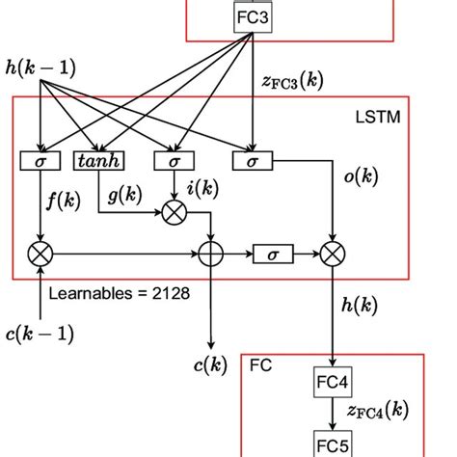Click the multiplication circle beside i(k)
[174, 211]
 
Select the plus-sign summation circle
[210, 254]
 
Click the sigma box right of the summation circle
[272, 254]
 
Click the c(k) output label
[210, 367]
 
